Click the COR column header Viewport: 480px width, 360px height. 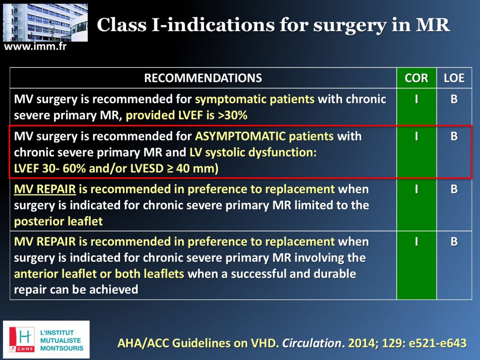416,78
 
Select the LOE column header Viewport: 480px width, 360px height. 454,78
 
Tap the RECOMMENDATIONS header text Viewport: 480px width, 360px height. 203,78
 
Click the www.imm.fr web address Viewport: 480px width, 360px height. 35,46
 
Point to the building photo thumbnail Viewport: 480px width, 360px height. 45,22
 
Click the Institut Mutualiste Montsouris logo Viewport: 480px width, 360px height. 46,340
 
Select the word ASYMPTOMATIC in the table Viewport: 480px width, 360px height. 240,136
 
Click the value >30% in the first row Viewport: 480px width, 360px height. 232,115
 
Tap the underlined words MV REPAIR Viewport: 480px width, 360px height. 45,189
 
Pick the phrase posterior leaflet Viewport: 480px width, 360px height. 58,221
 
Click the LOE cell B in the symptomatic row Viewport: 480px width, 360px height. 454,99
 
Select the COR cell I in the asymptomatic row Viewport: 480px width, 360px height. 416,136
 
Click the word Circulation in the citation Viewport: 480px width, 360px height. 312,343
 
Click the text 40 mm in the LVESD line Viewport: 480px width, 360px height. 195,168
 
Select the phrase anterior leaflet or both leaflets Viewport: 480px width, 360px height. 99,274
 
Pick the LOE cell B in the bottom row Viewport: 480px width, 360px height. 454,242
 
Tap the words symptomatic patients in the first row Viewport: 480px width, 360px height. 255,100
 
